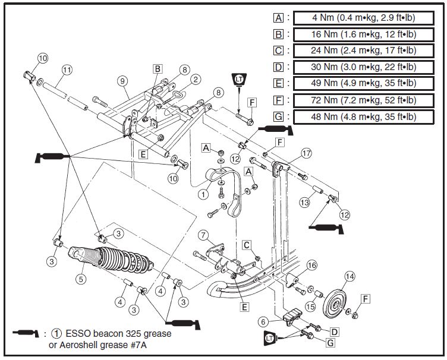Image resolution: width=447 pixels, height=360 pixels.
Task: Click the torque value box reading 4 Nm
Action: [x=364, y=18]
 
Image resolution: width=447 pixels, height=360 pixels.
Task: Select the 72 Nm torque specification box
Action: [x=364, y=100]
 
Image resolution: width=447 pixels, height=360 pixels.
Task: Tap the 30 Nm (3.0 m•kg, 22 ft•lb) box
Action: [x=364, y=67]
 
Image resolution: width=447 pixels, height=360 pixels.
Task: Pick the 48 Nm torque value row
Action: [x=364, y=116]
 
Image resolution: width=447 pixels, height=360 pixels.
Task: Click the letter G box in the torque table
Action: [x=278, y=116]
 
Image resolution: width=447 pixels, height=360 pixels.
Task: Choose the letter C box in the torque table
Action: [x=278, y=50]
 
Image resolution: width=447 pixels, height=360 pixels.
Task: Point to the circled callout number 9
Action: [x=123, y=80]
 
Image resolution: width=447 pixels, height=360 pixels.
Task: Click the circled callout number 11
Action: [x=67, y=70]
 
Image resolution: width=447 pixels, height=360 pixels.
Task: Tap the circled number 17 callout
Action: [x=306, y=153]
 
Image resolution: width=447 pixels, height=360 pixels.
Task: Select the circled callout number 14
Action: [x=350, y=276]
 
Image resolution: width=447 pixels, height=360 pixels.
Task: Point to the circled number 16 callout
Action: [x=311, y=266]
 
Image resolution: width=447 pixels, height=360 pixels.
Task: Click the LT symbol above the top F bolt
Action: [x=238, y=80]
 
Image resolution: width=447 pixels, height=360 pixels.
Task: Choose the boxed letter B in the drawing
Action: [x=157, y=68]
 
